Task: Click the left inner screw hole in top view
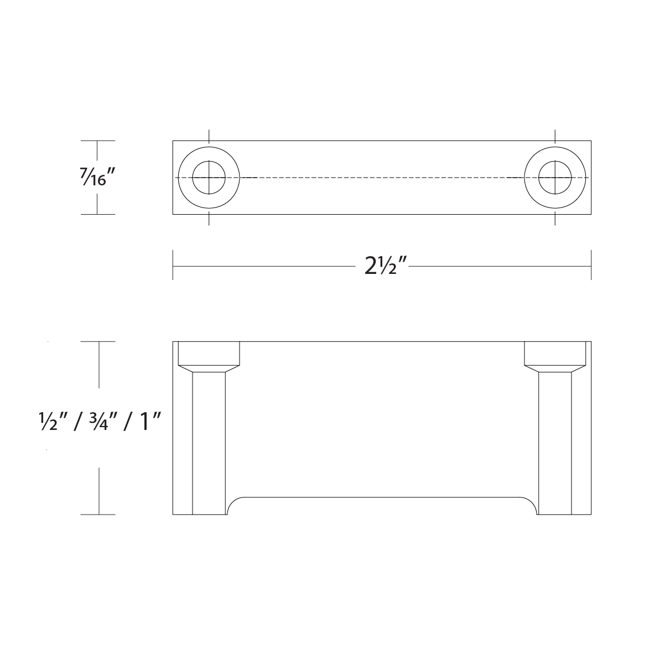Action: tap(209, 178)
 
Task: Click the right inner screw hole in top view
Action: tap(555, 178)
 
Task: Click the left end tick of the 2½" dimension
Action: tap(173, 266)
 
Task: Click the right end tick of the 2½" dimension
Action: tap(591, 266)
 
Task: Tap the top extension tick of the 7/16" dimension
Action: tap(98, 141)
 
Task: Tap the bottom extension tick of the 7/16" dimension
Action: tap(98, 214)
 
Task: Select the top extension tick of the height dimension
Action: tap(98, 342)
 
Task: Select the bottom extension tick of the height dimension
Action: tap(98, 515)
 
